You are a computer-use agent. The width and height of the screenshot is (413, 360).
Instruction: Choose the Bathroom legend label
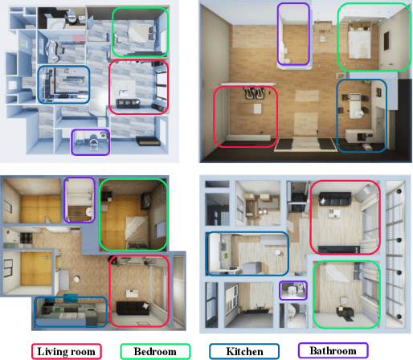tap(332, 351)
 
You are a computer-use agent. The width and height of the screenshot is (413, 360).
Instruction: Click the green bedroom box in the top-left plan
tap(140, 33)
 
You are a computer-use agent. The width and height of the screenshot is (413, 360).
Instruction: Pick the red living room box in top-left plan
tap(138, 86)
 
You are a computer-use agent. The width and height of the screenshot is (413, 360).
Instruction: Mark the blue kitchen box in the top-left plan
tap(63, 84)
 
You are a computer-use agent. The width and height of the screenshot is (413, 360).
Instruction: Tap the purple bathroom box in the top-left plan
tap(91, 141)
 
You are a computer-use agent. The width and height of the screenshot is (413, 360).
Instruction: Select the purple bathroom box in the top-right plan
tap(293, 35)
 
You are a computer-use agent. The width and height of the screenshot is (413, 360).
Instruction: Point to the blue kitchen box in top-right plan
tap(361, 115)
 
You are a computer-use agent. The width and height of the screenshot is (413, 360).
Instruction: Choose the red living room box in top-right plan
tap(245, 117)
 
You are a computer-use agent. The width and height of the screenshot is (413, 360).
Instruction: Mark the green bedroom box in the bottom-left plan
tap(133, 215)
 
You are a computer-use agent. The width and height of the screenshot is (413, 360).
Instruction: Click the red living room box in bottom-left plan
tap(138, 290)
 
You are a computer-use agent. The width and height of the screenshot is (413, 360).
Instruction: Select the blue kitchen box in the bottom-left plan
tap(71, 312)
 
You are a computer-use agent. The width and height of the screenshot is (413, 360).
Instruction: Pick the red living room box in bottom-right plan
tap(344, 217)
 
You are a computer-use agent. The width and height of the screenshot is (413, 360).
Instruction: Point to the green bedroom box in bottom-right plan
tap(346, 293)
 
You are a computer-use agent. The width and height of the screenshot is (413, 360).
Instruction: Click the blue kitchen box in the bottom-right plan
tap(247, 256)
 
